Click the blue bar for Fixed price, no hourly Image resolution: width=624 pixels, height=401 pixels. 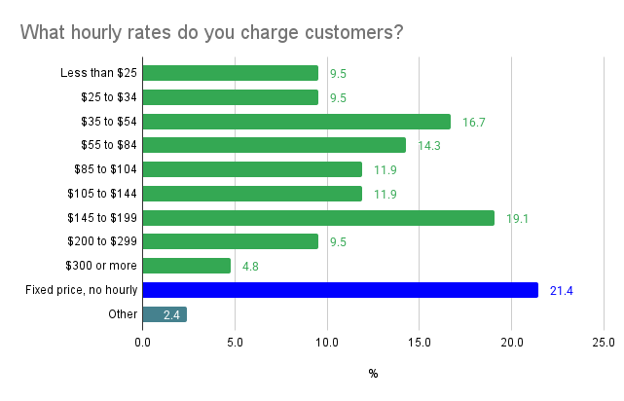[340, 290]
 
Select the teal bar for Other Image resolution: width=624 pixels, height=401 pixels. [164, 314]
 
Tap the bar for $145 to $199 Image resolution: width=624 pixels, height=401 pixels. [318, 218]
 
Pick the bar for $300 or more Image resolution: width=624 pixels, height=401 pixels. [186, 266]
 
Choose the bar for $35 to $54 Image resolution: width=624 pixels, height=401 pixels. [296, 122]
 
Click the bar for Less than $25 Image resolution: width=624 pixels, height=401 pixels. [230, 73]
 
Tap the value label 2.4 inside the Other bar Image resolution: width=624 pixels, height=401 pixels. [173, 314]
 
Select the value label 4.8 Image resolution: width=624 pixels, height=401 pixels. [249, 266]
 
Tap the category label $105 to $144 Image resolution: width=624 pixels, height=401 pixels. [102, 194]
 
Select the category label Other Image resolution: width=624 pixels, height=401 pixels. [124, 314]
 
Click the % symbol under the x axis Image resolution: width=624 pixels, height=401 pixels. [373, 374]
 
